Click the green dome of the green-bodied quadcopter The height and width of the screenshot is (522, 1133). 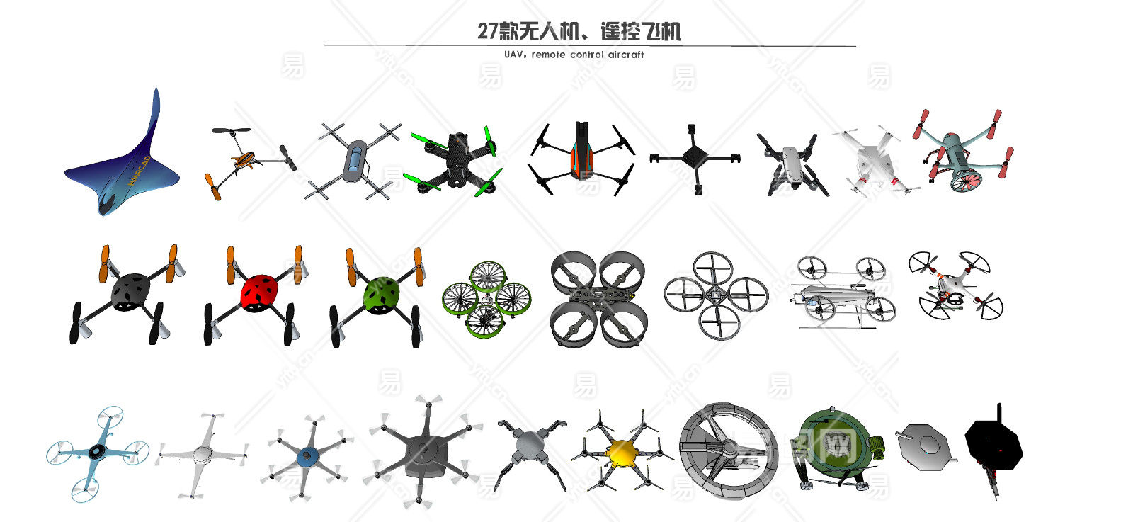(x=382, y=293)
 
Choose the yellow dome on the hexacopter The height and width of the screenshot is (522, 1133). (x=622, y=451)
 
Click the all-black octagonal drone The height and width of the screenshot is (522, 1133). (x=994, y=444)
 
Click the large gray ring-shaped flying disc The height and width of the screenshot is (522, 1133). (x=727, y=450)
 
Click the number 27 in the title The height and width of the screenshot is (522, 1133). (x=487, y=32)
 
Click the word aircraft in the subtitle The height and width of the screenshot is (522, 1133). (x=626, y=55)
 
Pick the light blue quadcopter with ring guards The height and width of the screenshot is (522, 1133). (x=98, y=452)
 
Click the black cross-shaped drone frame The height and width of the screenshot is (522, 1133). (x=695, y=157)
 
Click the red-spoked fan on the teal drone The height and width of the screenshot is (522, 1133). (x=966, y=180)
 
